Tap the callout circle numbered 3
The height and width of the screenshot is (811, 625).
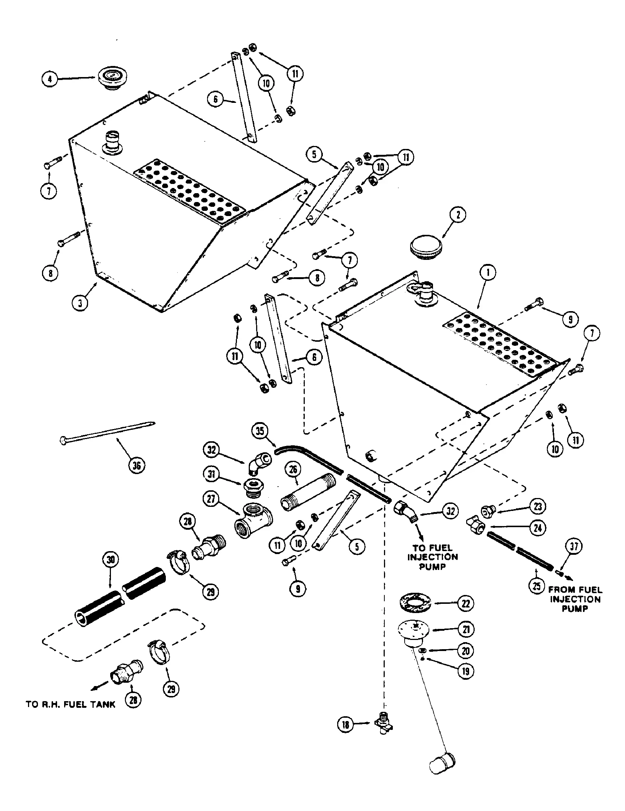pos(80,303)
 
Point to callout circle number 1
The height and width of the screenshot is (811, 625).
pos(488,273)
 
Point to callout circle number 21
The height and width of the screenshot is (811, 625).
pos(466,629)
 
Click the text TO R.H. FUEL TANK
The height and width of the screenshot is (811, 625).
pos(70,704)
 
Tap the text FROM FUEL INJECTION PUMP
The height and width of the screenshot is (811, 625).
pos(575,599)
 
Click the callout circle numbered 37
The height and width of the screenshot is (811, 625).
pos(574,546)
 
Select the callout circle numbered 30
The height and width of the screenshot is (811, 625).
pos(111,560)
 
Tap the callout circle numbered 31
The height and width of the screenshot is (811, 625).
pos(212,474)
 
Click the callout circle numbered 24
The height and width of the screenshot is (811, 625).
pos(538,528)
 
